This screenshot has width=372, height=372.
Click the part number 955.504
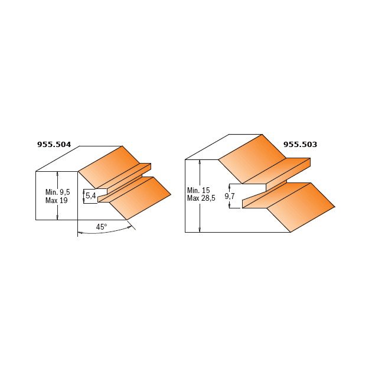click(54, 145)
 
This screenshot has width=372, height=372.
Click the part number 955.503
click(300, 145)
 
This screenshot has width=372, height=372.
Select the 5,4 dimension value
click(90, 195)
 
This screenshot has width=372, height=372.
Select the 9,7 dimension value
click(230, 196)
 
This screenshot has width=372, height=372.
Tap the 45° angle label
click(102, 227)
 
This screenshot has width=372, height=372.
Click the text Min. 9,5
click(58, 192)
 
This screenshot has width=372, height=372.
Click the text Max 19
click(57, 201)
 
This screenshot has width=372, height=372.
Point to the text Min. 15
click(198, 190)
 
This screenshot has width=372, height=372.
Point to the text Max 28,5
click(201, 198)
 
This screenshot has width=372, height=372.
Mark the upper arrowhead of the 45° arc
click(129, 227)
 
